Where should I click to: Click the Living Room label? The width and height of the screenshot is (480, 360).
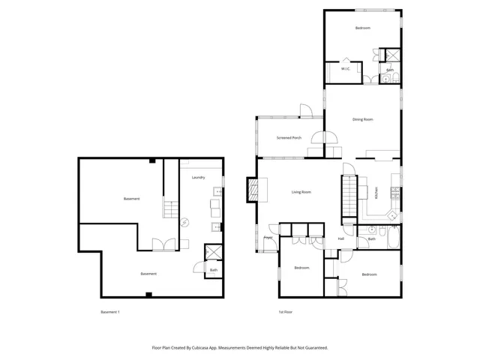301,193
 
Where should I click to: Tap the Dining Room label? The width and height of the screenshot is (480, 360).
363,119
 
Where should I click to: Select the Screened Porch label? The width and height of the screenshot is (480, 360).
289,138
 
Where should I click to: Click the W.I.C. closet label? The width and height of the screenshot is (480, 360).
346,69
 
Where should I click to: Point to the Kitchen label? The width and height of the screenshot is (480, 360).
376,193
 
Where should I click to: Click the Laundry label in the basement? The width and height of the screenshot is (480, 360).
198,178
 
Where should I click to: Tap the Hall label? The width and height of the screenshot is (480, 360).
340,238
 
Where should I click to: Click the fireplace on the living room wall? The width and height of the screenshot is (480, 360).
256,190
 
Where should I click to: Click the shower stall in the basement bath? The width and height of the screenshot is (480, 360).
213,253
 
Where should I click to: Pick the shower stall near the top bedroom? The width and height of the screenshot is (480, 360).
391,56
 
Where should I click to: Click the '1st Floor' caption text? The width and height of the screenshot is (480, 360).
285,311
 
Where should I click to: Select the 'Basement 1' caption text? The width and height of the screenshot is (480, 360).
109,311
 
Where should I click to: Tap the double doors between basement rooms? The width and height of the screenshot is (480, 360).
163,244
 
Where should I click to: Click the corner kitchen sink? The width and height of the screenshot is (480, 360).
392,215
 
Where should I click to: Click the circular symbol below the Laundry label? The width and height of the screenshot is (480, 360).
184,221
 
